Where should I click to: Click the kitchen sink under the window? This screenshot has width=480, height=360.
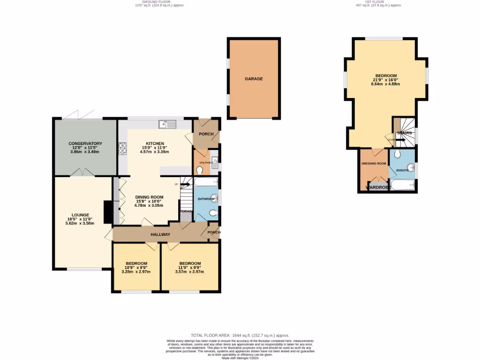(167, 124)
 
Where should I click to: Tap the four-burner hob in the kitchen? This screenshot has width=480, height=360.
(123, 148)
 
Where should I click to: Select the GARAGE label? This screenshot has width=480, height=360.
(254, 79)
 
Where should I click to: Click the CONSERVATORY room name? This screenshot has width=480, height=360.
(85, 143)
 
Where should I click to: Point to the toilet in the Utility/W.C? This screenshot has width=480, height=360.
(200, 170)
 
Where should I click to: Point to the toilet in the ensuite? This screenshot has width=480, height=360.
(397, 154)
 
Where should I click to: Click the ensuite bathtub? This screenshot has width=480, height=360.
(403, 185)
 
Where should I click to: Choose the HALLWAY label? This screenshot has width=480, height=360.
(160, 234)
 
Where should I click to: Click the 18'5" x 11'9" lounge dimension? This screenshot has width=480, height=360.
(81, 219)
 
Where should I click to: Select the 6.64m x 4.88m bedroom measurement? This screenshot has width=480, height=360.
(386, 84)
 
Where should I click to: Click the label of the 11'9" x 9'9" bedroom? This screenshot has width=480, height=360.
(190, 263)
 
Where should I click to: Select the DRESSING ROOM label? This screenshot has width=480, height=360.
(374, 164)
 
